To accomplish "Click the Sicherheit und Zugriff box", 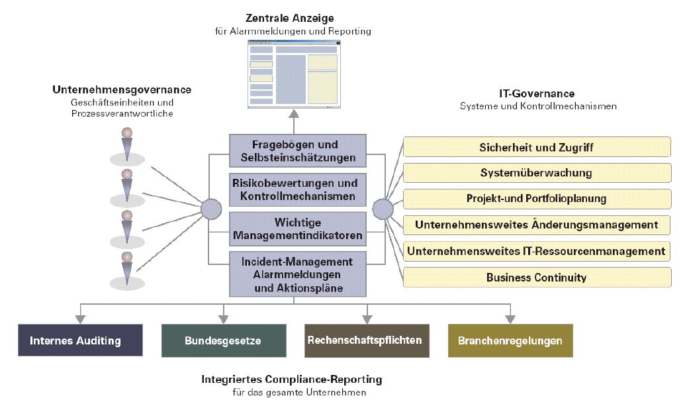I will pyautogui.click(x=536, y=147).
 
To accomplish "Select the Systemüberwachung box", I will pyautogui.click(x=536, y=173).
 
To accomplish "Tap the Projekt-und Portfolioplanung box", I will pyautogui.click(x=536, y=199).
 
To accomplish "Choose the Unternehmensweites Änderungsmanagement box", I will pyautogui.click(x=536, y=225).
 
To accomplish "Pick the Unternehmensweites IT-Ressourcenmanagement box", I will pyautogui.click(x=536, y=251).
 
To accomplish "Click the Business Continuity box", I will pyautogui.click(x=536, y=277).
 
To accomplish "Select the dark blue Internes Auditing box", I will pyautogui.click(x=80, y=340).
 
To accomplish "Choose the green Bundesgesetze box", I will pyautogui.click(x=223, y=340).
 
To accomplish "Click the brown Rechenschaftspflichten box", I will pyautogui.click(x=366, y=340).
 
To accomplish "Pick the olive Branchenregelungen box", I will pyautogui.click(x=510, y=340).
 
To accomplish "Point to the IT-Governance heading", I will pyautogui.click(x=537, y=94).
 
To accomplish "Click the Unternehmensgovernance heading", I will pyautogui.click(x=122, y=89).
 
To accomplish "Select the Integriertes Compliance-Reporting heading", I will pyautogui.click(x=292, y=380).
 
